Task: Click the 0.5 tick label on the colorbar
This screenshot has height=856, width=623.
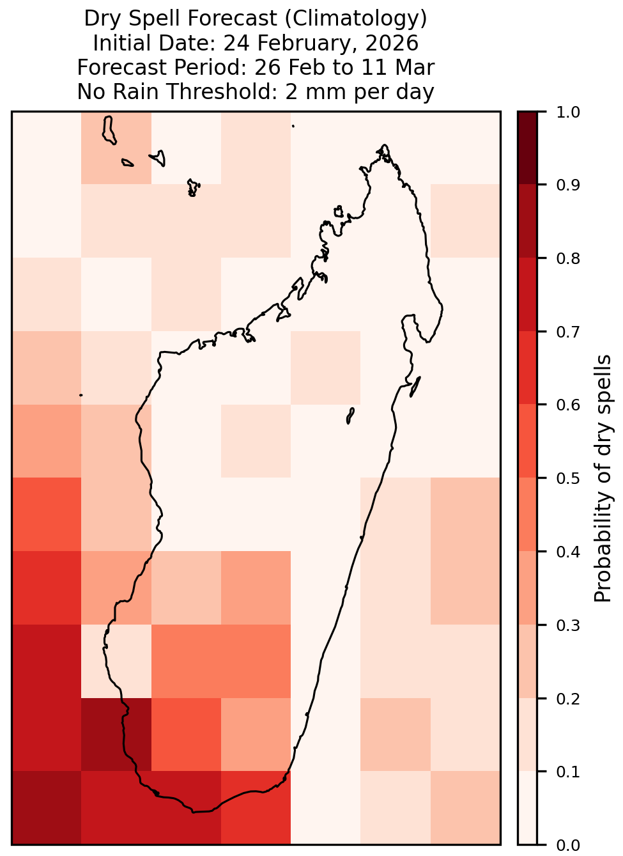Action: coord(567,478)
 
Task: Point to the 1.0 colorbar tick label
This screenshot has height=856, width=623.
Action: coord(567,112)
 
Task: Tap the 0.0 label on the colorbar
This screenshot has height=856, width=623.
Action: coord(567,845)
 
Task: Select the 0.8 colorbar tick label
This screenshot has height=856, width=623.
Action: coord(567,258)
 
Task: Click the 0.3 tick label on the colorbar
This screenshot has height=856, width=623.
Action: coord(567,625)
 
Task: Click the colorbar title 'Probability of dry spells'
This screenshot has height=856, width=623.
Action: coord(603,478)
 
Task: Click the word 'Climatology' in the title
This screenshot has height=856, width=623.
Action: coord(356,19)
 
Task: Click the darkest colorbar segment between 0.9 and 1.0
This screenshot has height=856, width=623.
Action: coord(527,148)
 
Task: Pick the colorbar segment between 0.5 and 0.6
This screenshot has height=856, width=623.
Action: coord(527,441)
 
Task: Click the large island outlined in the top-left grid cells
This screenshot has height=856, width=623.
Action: coord(109,130)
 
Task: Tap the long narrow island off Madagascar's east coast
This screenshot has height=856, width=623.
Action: coord(415,387)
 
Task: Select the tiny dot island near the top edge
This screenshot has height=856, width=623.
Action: coord(293,126)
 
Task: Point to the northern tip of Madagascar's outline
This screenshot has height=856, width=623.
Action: coord(384,145)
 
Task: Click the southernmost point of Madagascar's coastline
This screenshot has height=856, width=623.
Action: coord(194,812)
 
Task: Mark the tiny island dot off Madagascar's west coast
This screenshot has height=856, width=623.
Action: coord(81,395)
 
